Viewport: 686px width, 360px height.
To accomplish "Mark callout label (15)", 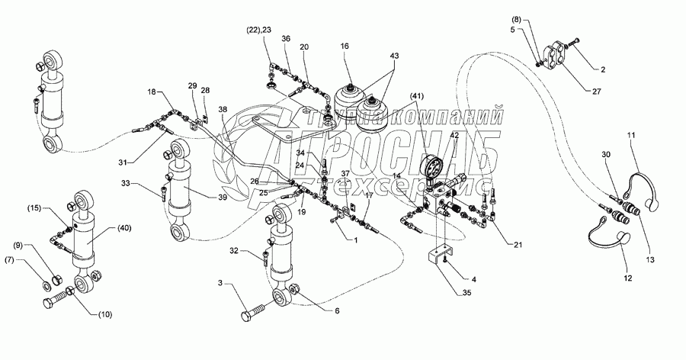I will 40,209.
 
